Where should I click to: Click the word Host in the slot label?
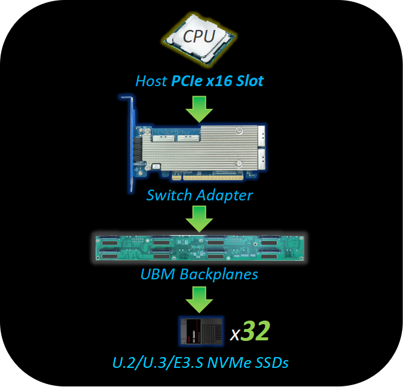click(x=151, y=81)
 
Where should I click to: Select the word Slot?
click(x=250, y=81)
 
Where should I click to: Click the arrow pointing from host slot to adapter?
click(x=199, y=109)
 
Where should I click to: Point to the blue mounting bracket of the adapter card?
click(x=130, y=144)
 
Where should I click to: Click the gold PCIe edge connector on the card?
click(x=207, y=177)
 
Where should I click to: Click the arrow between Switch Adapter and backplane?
click(x=199, y=219)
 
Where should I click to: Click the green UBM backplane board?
click(x=200, y=248)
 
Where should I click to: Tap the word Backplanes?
click(x=219, y=275)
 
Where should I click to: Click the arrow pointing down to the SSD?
click(x=199, y=300)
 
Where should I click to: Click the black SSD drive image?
click(x=202, y=331)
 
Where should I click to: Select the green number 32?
click(x=255, y=331)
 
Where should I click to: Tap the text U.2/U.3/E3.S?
click(x=158, y=363)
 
